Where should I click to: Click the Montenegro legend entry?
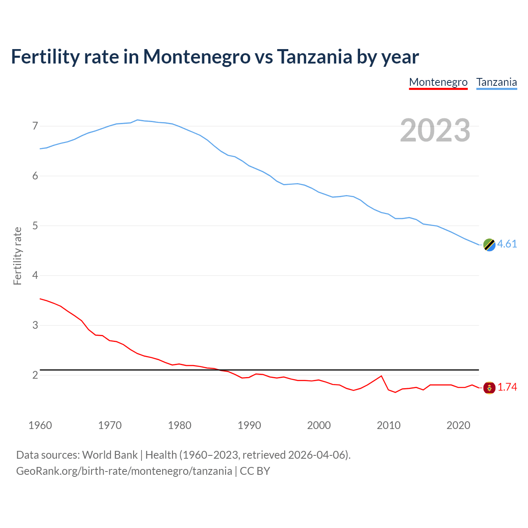(438, 82)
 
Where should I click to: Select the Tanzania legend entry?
(496, 82)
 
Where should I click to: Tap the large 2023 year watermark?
(435, 130)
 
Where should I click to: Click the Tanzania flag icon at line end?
(489, 245)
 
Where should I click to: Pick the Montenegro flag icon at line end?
(489, 388)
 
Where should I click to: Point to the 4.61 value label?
(507, 244)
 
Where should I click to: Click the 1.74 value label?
(507, 387)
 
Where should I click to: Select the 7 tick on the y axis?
(35, 126)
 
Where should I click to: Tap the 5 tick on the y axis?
(35, 226)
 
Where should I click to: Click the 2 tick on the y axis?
(35, 375)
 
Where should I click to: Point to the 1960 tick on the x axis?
(40, 425)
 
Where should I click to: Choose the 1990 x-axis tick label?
(249, 425)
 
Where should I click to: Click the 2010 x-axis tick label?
(389, 425)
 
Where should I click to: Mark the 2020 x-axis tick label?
(458, 425)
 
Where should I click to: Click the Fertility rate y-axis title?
(17, 256)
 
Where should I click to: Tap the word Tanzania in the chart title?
(314, 57)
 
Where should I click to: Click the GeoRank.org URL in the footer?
(124, 471)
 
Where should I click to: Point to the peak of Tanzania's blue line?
(137, 120)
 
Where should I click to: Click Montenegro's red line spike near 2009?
(381, 376)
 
